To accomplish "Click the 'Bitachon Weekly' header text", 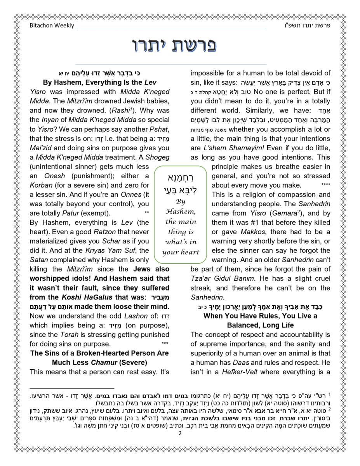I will pyautogui.click(x=52, y=26).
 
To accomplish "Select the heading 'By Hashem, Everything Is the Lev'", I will pyautogui.click(x=99, y=82).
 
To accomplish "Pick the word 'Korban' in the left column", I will pyautogui.click(x=41, y=185).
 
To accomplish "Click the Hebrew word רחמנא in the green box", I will pyautogui.click(x=181, y=178).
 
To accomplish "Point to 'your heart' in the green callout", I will pyautogui.click(x=181, y=252).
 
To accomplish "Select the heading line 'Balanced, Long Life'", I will pyautogui.click(x=260, y=325).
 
